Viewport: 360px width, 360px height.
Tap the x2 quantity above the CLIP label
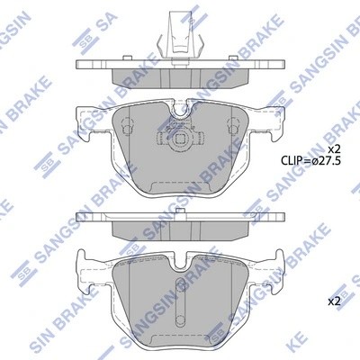tap(333, 148)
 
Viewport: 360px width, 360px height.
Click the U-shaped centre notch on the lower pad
tap(178, 267)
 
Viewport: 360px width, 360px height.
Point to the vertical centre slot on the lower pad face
tap(178, 310)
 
